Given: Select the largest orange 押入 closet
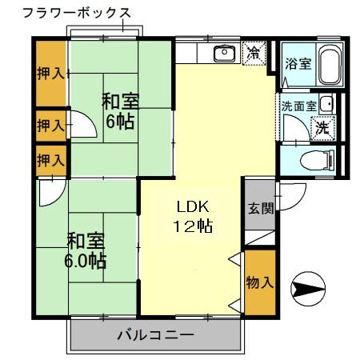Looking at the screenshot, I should coord(51,74).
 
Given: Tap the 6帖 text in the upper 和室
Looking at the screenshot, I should coord(120,122).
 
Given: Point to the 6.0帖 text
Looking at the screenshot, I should coord(86,261).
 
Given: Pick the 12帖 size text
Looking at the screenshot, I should coord(193,226).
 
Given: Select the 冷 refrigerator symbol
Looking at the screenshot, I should coord(254,54).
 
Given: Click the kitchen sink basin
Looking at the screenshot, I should coord(222,54).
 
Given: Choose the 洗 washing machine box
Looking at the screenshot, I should coord(322,126).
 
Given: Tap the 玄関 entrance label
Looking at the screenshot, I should coord(259,210).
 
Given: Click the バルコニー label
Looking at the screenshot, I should coord(154,334).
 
